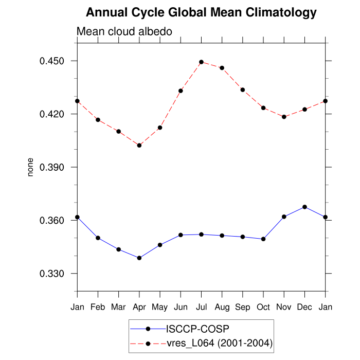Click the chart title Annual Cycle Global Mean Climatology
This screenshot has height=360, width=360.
click(201, 12)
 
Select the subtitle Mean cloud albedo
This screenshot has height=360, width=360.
click(124, 31)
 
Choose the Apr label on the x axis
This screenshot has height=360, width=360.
click(139, 307)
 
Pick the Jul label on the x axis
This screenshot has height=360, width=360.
click(201, 307)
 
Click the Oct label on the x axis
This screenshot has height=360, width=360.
click(263, 307)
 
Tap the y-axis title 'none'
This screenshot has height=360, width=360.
click(30, 167)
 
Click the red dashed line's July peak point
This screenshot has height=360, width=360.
click(201, 62)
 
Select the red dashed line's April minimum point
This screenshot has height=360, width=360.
click(139, 145)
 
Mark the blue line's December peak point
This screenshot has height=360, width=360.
click(305, 207)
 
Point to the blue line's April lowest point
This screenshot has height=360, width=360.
click(139, 258)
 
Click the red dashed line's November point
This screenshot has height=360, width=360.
click(284, 117)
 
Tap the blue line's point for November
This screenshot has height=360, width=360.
click(284, 217)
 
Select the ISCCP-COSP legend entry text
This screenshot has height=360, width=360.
click(198, 328)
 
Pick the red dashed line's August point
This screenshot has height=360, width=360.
click(222, 68)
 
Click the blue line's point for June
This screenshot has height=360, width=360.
click(181, 235)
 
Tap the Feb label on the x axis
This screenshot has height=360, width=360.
click(98, 307)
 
